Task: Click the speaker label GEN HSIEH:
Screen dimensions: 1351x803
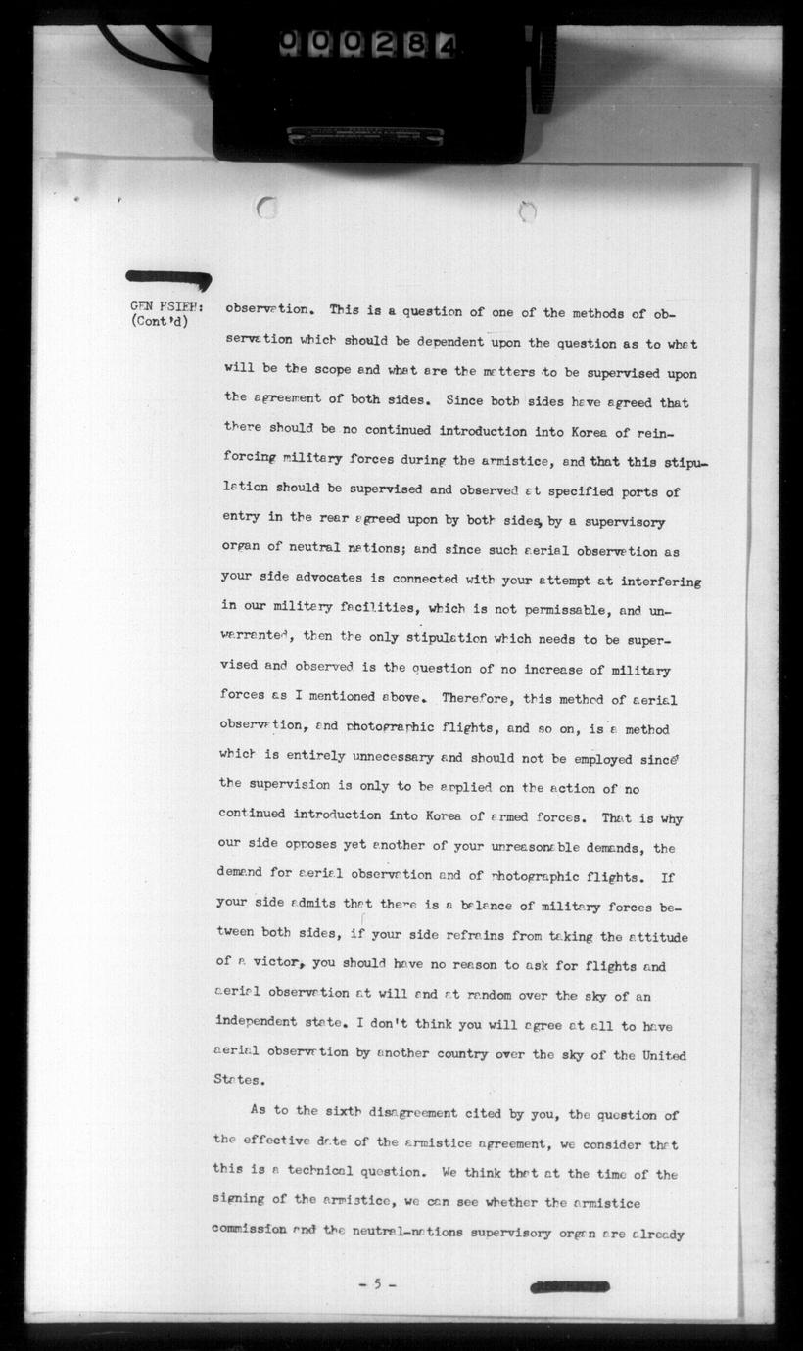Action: pos(165,304)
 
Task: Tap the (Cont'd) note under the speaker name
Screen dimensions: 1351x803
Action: pos(159,320)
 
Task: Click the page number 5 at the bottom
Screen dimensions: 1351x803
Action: pos(377,1283)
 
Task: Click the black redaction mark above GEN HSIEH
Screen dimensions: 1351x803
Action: pos(168,279)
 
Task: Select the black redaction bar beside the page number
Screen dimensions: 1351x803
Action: pos(569,1286)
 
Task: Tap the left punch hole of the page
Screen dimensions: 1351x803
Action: pos(265,207)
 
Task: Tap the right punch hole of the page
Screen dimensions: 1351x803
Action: pos(527,210)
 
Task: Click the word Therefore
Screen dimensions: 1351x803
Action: pos(481,698)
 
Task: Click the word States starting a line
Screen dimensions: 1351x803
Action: pos(238,1080)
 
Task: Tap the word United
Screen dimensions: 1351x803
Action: pos(663,1055)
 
